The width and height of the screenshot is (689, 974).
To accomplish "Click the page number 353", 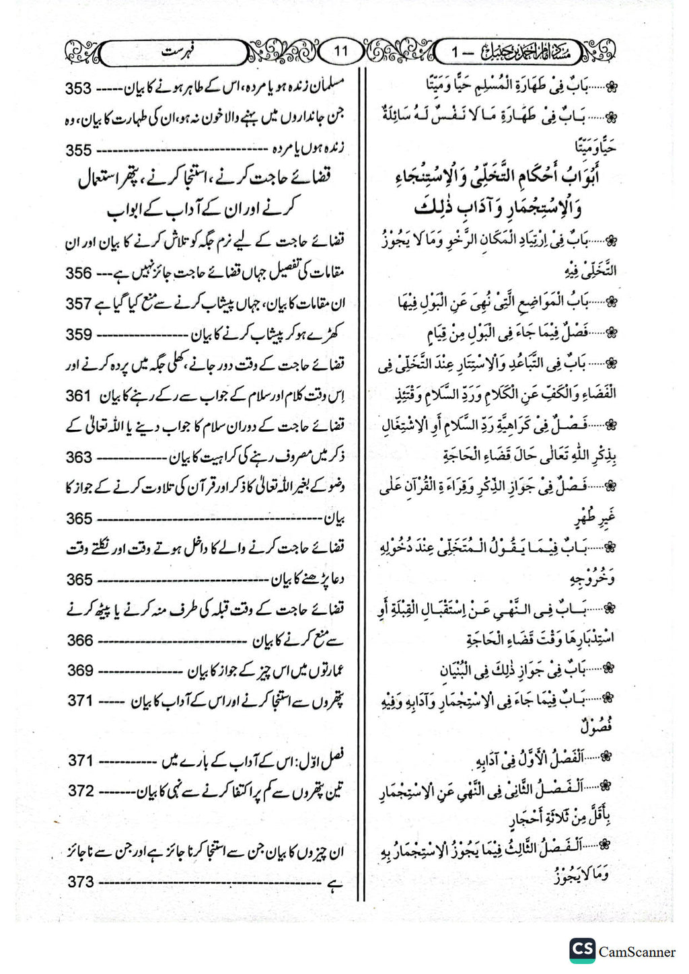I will point(78,89).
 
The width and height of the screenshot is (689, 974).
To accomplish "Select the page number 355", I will point(78,150).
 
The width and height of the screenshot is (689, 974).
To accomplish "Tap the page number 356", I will point(78,273).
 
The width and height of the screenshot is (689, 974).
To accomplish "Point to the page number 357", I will point(78,304).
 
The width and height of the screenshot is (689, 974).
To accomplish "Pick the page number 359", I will point(78,334).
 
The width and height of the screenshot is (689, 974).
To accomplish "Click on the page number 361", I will point(78,396).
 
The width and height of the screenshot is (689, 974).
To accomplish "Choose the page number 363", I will point(79,457).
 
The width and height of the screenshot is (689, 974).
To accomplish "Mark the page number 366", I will point(79,640).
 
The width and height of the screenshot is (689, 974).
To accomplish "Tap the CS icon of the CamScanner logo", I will point(582,950).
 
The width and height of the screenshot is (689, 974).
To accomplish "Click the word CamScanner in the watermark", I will point(637,952).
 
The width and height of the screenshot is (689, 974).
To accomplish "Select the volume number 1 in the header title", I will point(456,52).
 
